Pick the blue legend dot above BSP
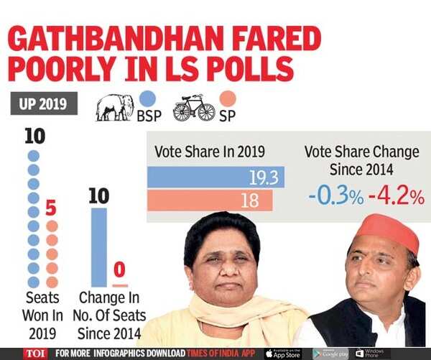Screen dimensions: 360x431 coord(149,98)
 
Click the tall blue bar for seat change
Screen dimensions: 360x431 coord(98,246)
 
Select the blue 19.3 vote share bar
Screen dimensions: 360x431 coord(215,177)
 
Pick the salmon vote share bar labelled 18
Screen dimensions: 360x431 coord(210,200)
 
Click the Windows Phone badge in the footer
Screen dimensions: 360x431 coord(373,354)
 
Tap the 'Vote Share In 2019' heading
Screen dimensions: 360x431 coord(210,152)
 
